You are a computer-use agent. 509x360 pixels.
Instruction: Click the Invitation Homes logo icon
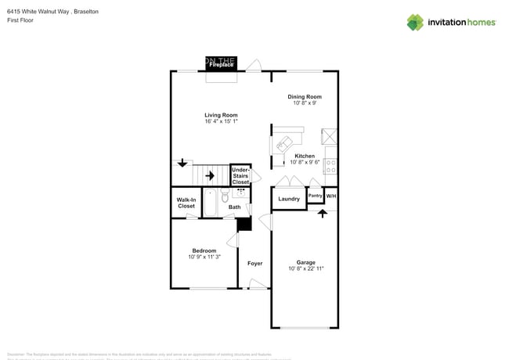pyautogui.click(x=415, y=22)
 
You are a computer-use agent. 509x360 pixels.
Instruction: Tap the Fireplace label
pyautogui.click(x=221, y=65)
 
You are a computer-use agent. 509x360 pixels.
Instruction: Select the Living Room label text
pyautogui.click(x=221, y=115)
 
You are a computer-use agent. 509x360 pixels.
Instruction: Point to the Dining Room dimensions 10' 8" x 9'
pyautogui.click(x=305, y=103)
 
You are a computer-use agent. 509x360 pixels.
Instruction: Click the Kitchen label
pyautogui.click(x=305, y=156)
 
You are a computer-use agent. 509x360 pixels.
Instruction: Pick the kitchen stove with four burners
pyautogui.click(x=330, y=166)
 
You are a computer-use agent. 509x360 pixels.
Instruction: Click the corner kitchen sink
pyautogui.click(x=283, y=144)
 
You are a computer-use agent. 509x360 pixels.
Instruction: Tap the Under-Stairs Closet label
pyautogui.click(x=240, y=175)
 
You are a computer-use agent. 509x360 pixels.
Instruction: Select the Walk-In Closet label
pyautogui.click(x=186, y=203)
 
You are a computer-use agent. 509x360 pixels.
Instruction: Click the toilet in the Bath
pyautogui.click(x=226, y=197)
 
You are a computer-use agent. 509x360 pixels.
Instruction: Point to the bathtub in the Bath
pyautogui.click(x=210, y=202)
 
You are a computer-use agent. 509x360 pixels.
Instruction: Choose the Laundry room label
pyautogui.click(x=289, y=199)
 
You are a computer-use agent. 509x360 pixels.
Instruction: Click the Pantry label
pyautogui.click(x=315, y=195)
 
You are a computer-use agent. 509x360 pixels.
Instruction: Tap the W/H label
pyautogui.click(x=331, y=195)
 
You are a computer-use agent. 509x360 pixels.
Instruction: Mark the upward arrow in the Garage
pyautogui.click(x=322, y=213)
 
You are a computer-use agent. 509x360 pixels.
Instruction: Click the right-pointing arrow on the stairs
pyautogui.click(x=209, y=176)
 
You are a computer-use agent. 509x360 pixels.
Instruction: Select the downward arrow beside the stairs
pyautogui.click(x=182, y=163)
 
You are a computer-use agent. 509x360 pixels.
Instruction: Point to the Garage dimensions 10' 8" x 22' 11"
pyautogui.click(x=305, y=268)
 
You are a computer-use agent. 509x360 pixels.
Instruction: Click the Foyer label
pyautogui.click(x=254, y=263)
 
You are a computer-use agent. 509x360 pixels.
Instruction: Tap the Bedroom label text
pyautogui.click(x=204, y=250)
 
